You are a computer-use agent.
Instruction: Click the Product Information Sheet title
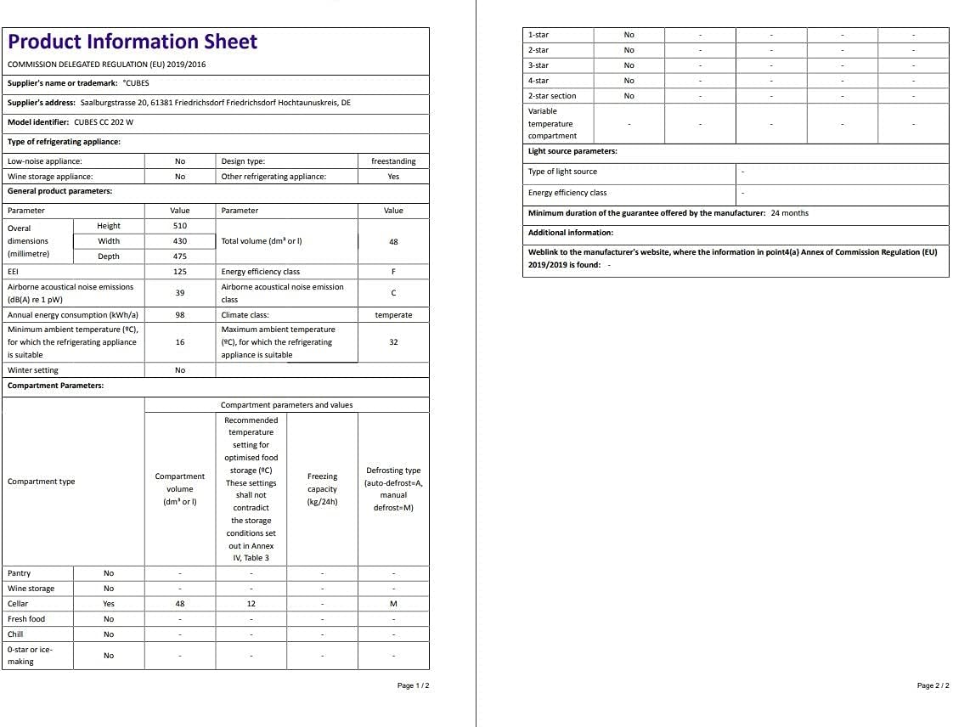(x=133, y=42)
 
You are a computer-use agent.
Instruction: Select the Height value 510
(x=179, y=226)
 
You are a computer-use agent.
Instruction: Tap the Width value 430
(x=179, y=241)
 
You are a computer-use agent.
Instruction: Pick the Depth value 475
(x=179, y=256)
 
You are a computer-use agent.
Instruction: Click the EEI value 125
(x=179, y=272)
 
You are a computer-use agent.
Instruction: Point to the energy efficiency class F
(x=393, y=272)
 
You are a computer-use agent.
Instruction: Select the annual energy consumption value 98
(x=179, y=315)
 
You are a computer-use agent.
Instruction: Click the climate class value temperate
(x=393, y=315)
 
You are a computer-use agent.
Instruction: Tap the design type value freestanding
(x=393, y=161)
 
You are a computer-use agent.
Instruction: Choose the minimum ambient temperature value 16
(x=179, y=342)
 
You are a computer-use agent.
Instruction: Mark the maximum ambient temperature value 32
(x=393, y=342)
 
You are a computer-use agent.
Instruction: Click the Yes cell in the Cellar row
(x=109, y=604)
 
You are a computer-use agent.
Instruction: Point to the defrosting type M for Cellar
(x=393, y=604)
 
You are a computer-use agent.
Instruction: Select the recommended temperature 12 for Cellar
(x=251, y=604)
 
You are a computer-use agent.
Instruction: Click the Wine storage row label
(x=31, y=589)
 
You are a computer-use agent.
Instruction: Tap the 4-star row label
(x=539, y=81)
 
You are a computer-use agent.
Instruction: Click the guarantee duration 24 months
(x=789, y=213)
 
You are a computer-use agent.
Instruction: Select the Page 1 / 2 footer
(x=413, y=685)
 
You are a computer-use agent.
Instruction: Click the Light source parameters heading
(x=572, y=151)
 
